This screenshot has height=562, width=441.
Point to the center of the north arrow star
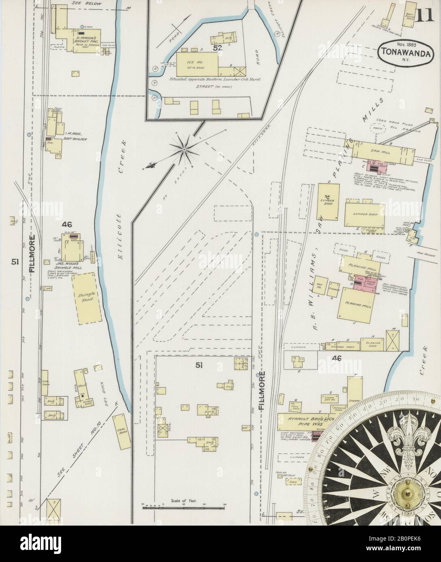click(x=184, y=150)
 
